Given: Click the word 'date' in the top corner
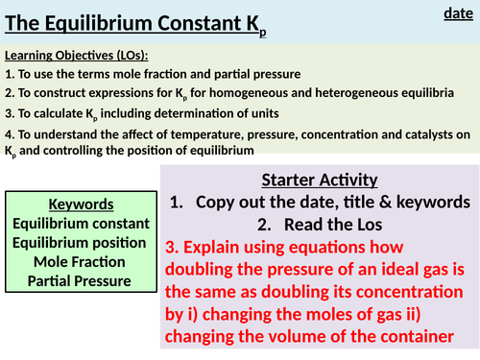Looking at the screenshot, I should pyautogui.click(x=457, y=12).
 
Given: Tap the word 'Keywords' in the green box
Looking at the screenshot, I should pyautogui.click(x=81, y=205).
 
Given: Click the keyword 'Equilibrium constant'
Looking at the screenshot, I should pyautogui.click(x=81, y=224).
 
